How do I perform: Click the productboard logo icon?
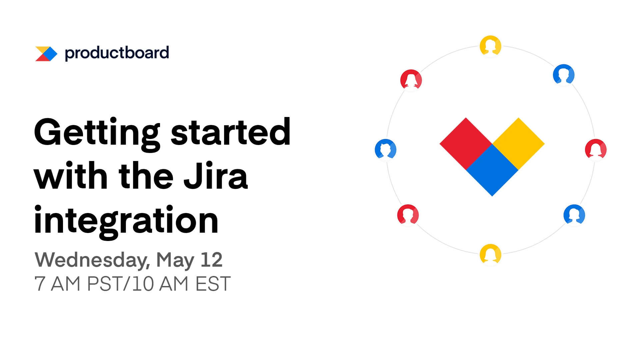coord(46,54)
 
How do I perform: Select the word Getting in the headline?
coord(97,133)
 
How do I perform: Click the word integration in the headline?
coord(126,220)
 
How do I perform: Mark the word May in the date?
coord(175,260)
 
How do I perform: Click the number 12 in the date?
coord(211,260)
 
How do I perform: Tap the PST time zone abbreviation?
coord(105,284)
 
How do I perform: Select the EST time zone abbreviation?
coord(213,284)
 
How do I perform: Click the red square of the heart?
coord(466,144)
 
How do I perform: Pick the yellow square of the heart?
coord(518,144)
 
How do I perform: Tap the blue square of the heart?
coord(492,170)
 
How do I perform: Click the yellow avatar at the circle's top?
coord(490,46)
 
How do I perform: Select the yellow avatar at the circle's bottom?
coord(490,255)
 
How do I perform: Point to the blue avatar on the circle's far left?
coord(386,149)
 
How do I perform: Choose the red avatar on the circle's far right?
coord(596,149)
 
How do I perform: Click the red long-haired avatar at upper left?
coord(411,80)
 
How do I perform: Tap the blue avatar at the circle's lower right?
coord(574,215)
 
